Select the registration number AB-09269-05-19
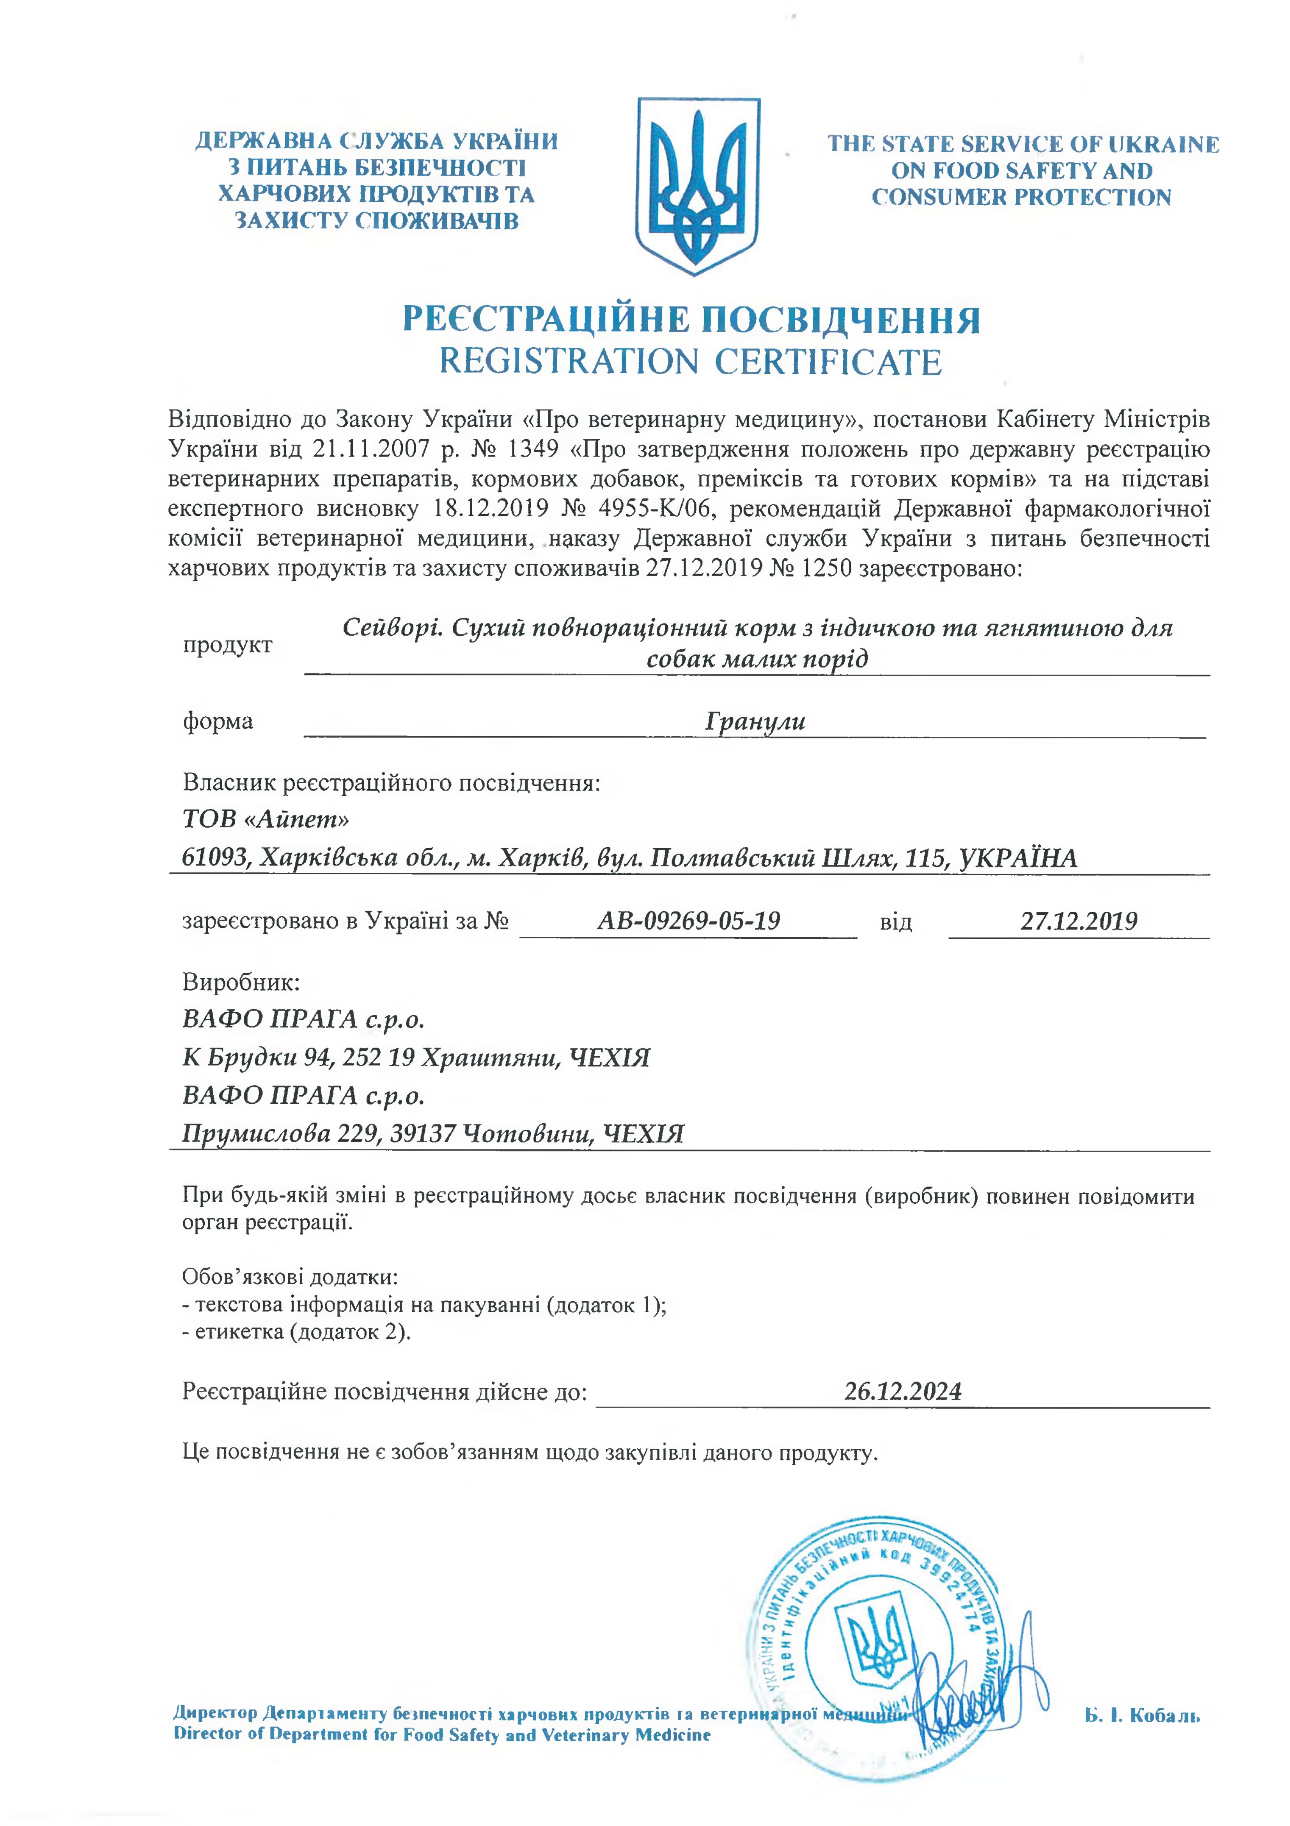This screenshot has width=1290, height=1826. tap(688, 921)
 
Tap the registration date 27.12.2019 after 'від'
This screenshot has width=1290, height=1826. tap(1079, 921)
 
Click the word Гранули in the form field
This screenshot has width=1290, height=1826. tap(755, 721)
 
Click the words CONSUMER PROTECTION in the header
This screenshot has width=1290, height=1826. tap(1021, 197)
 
